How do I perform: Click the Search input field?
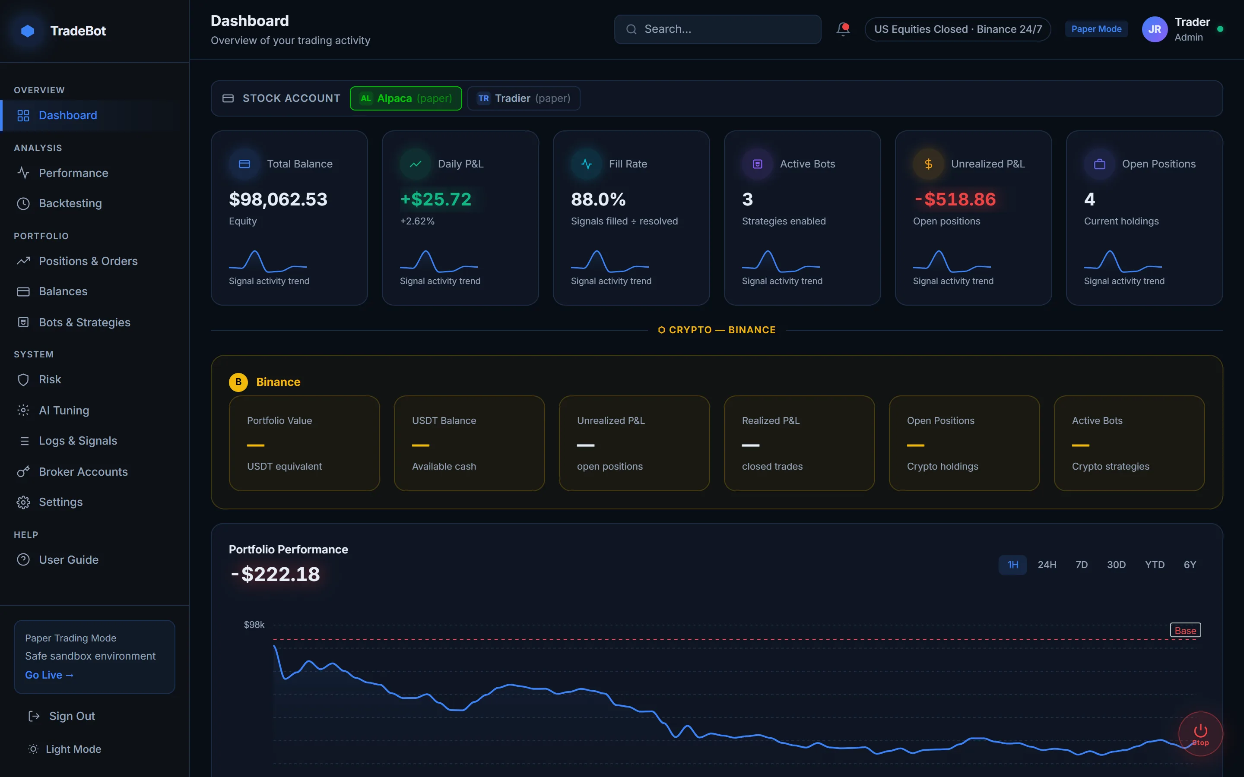[x=717, y=29]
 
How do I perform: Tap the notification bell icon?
[x=843, y=29]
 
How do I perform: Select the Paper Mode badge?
[x=1096, y=29]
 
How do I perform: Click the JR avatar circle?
[x=1155, y=29]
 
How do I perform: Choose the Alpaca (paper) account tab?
[x=406, y=98]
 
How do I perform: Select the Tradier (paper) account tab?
[x=524, y=98]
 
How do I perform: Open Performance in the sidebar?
[x=73, y=173]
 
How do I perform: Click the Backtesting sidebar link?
[x=70, y=203]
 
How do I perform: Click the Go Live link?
[x=49, y=675]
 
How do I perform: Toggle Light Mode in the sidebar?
[x=73, y=749]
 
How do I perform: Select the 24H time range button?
[x=1047, y=565]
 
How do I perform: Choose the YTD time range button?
[x=1154, y=565]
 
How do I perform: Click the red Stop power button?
[x=1200, y=733]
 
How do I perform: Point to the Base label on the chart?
[x=1185, y=630]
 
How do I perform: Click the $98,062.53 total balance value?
[x=278, y=199]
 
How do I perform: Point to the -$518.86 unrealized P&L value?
[x=955, y=199]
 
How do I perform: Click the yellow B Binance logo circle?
[x=238, y=382]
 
